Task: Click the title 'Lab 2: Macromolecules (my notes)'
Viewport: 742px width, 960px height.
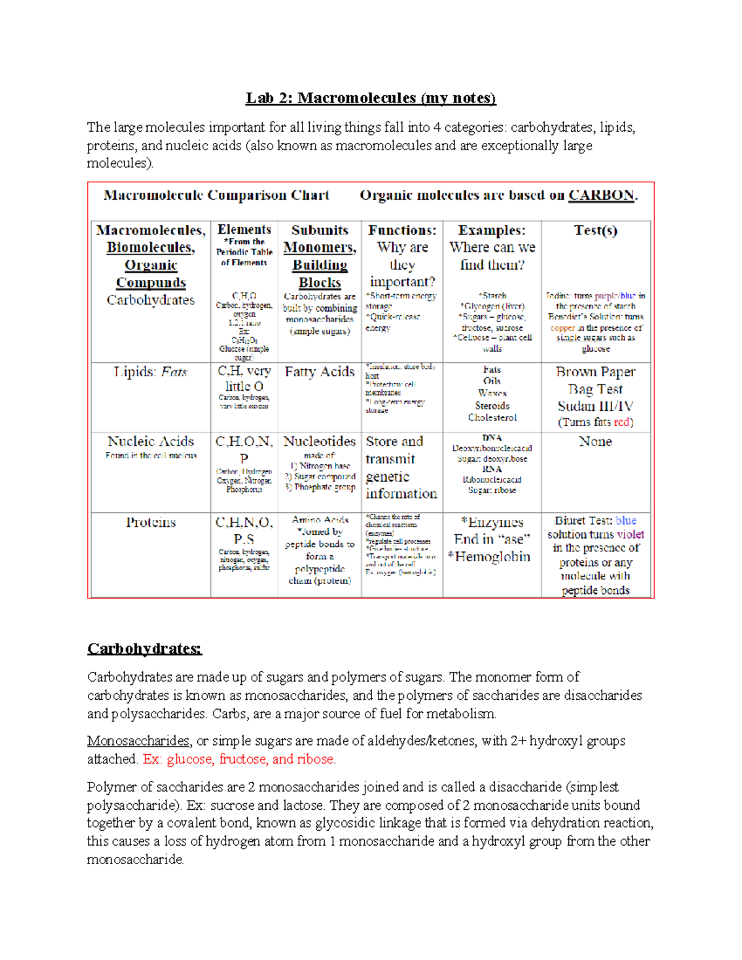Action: pyautogui.click(x=370, y=98)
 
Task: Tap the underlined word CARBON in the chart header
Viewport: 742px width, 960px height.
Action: pyautogui.click(x=601, y=195)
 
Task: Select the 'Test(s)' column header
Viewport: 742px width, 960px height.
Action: pyautogui.click(x=595, y=231)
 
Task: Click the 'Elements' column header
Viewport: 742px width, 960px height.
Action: pyautogui.click(x=244, y=230)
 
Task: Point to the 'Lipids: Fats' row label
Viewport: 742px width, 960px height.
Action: pyautogui.click(x=150, y=372)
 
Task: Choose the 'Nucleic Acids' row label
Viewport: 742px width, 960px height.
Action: pyautogui.click(x=150, y=441)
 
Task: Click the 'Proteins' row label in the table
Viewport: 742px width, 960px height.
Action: pyautogui.click(x=150, y=522)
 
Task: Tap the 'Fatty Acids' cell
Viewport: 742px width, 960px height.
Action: pyautogui.click(x=320, y=372)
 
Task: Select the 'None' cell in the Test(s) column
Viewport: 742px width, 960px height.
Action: pyautogui.click(x=595, y=441)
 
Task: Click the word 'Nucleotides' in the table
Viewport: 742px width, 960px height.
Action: pyautogui.click(x=320, y=441)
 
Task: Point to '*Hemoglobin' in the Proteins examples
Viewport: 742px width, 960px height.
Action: pyautogui.click(x=489, y=557)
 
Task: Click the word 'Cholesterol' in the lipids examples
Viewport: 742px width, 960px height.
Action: pyautogui.click(x=492, y=418)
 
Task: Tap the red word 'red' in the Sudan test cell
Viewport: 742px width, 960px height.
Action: pyautogui.click(x=622, y=423)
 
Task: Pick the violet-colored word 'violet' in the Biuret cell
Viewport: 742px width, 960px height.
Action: pyautogui.click(x=630, y=535)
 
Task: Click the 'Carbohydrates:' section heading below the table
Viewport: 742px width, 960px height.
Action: pyautogui.click(x=144, y=648)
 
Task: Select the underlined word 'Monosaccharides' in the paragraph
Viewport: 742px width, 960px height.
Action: pyautogui.click(x=138, y=741)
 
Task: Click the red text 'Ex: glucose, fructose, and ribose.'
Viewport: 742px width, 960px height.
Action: pyautogui.click(x=239, y=759)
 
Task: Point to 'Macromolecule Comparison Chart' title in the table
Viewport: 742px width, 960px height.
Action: pyautogui.click(x=216, y=195)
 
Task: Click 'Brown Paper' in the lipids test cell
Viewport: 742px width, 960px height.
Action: pyautogui.click(x=595, y=372)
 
